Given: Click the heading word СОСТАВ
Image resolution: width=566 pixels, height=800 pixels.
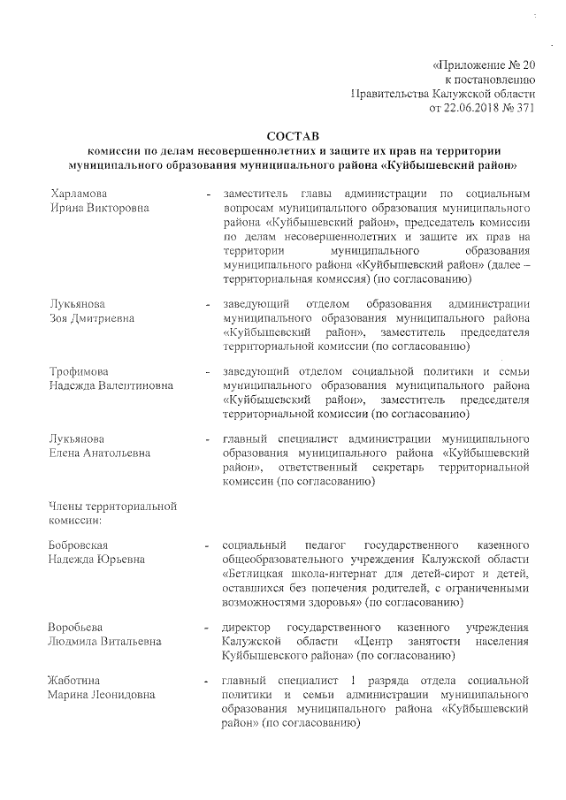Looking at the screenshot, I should coord(292,135).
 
